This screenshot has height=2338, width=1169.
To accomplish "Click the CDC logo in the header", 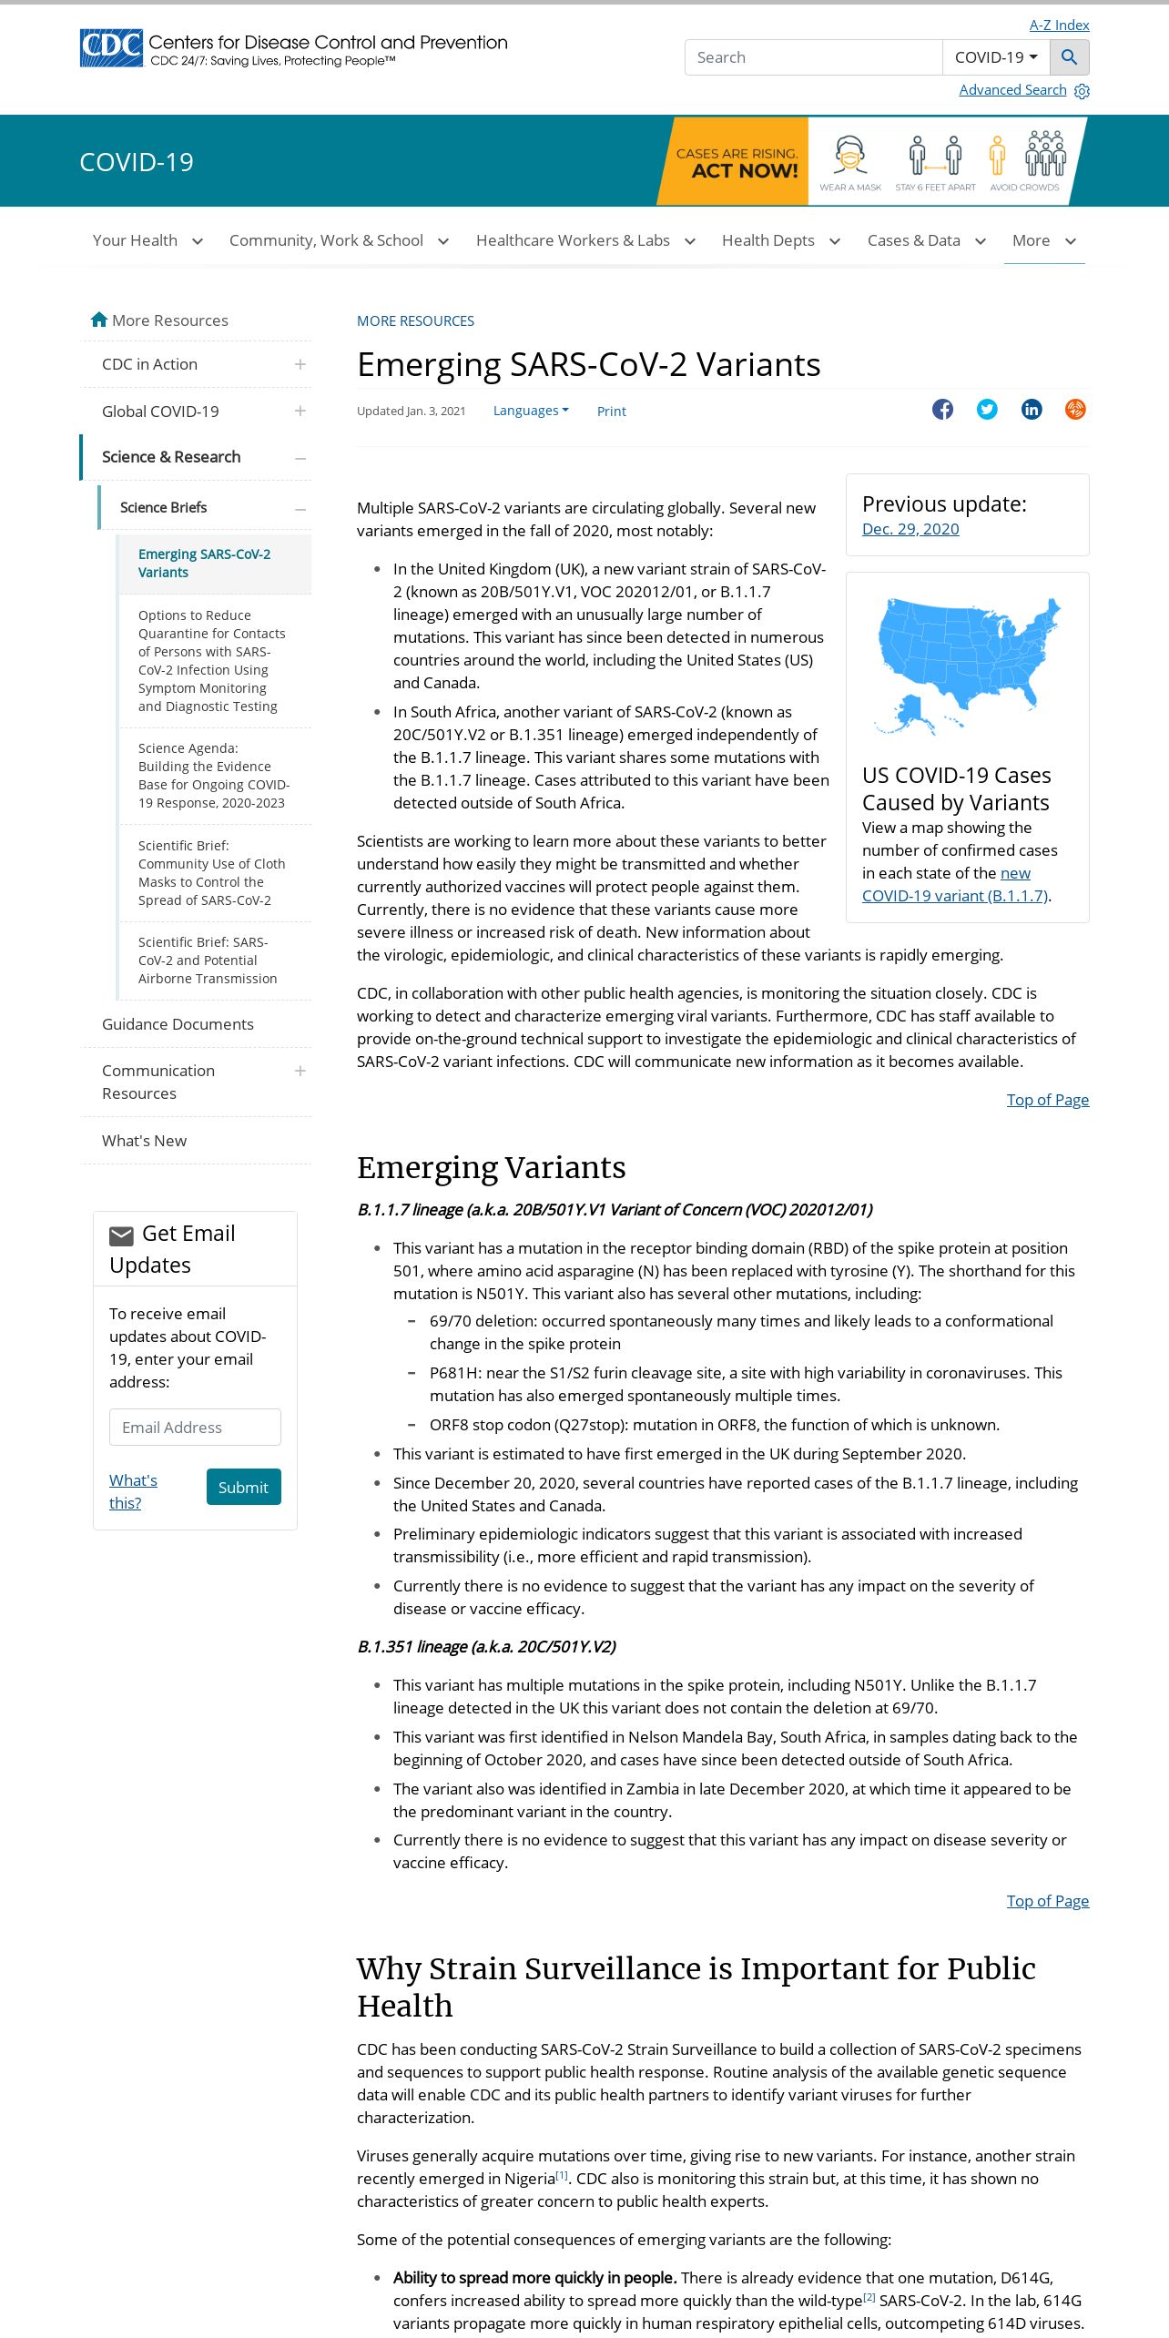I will (111, 48).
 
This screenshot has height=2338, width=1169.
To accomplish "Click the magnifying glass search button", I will (1069, 57).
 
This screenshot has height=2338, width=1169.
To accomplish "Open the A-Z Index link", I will (1059, 25).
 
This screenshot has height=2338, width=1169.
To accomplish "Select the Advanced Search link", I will (1012, 90).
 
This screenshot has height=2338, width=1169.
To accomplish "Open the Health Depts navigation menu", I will (780, 240).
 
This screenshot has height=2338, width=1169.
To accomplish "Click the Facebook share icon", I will (942, 410).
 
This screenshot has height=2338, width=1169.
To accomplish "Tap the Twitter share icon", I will (987, 410).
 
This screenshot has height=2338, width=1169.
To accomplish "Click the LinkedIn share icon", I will (1032, 410).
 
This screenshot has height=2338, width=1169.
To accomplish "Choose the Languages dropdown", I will (531, 411).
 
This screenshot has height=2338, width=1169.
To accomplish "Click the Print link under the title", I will (611, 412).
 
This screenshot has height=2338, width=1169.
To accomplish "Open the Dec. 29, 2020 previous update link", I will (910, 529).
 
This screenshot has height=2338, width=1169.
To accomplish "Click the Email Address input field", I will (195, 1427).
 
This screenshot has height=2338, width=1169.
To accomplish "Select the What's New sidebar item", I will (144, 1141).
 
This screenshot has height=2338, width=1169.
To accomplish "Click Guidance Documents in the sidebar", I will (178, 1024).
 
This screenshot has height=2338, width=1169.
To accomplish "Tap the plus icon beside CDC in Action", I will (300, 364).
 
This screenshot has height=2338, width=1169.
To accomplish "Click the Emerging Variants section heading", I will (491, 1167).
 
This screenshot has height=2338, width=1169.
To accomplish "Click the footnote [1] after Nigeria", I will (562, 2175).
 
